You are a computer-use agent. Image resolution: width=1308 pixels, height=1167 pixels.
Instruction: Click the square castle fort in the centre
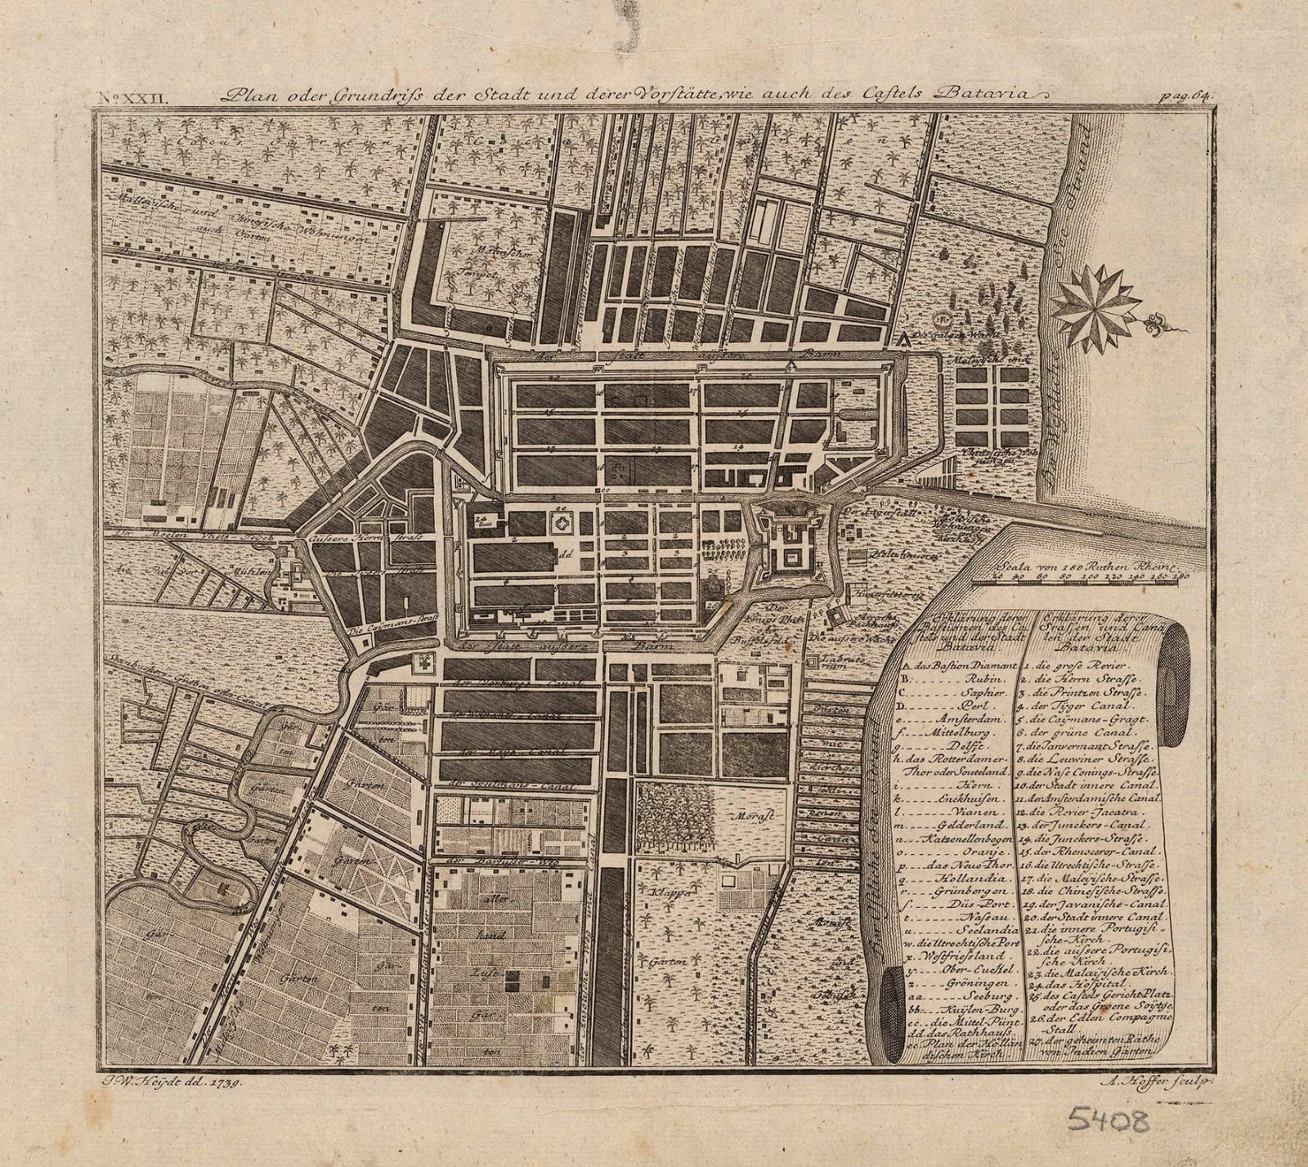(x=790, y=543)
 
